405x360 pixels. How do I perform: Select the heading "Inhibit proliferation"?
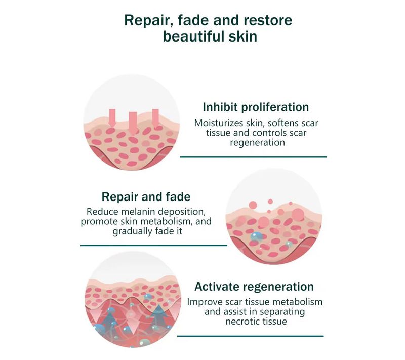coord(256,107)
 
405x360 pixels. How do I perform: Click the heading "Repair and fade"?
coord(146,197)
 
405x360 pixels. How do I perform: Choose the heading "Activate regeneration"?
coord(254,287)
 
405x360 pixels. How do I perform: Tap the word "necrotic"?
coord(242,322)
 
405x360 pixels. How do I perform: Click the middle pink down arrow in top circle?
coord(133,124)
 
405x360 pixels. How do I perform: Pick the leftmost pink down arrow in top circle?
coord(112,118)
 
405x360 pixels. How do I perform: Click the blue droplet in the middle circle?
coord(257,236)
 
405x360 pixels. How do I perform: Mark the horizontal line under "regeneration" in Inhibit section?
coord(254,157)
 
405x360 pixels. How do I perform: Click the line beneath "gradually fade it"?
coord(154,246)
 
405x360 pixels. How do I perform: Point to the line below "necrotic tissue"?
coord(250,336)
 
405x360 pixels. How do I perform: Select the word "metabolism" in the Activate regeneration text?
coord(301,302)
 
